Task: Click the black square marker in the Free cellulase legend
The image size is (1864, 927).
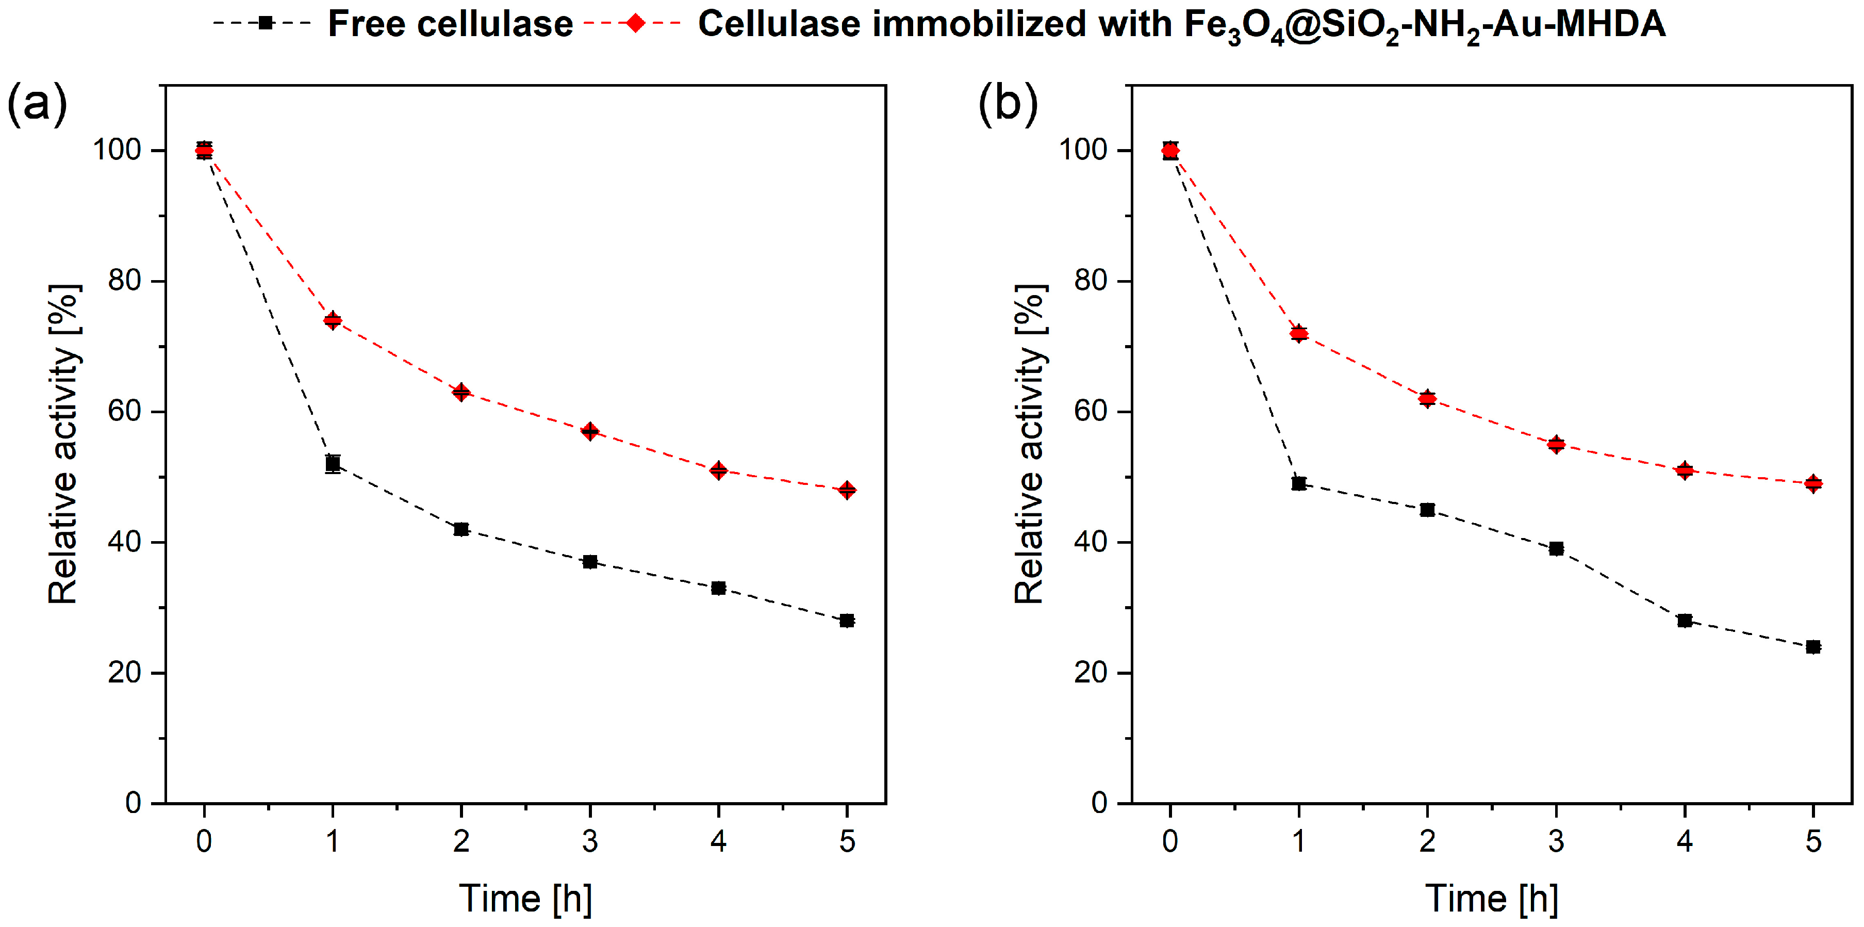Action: pyautogui.click(x=266, y=23)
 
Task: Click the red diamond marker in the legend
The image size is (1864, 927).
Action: pyautogui.click(x=635, y=23)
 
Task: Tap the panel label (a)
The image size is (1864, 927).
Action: pyautogui.click(x=37, y=104)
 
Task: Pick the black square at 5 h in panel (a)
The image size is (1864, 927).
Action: pyautogui.click(x=847, y=621)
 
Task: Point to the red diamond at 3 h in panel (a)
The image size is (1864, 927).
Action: pyautogui.click(x=590, y=431)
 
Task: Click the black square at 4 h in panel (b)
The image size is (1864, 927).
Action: pyautogui.click(x=1685, y=621)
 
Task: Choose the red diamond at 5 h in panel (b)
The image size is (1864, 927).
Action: pyautogui.click(x=1812, y=483)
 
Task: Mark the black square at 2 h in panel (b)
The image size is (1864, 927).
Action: pyautogui.click(x=1427, y=510)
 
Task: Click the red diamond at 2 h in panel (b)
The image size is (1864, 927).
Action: pyautogui.click(x=1427, y=399)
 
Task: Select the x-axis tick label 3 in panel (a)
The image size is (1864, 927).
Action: pyautogui.click(x=590, y=841)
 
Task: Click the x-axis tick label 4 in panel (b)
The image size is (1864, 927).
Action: pyautogui.click(x=1685, y=841)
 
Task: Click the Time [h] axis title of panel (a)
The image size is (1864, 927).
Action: pyautogui.click(x=526, y=899)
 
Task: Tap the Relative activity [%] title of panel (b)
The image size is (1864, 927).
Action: pyautogui.click(x=1029, y=444)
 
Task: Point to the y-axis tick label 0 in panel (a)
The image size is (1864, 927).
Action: pyautogui.click(x=133, y=803)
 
